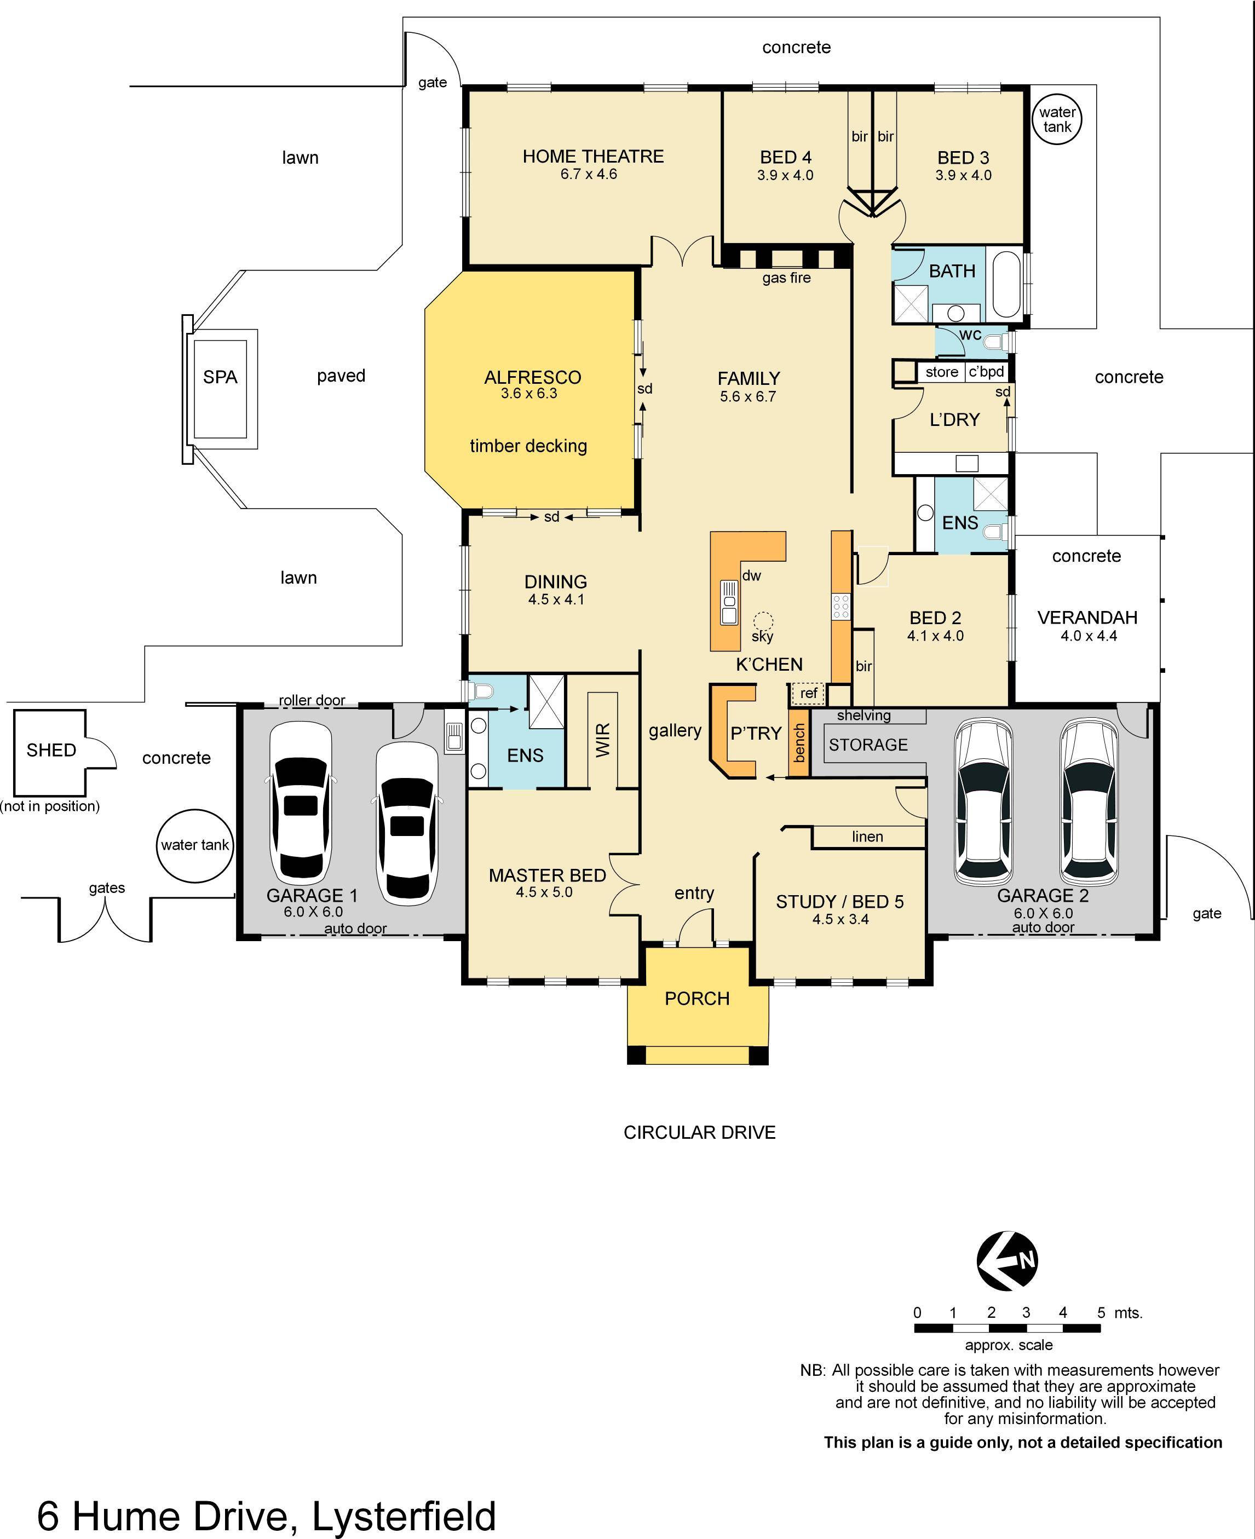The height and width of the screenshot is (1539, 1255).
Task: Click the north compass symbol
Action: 1007,1261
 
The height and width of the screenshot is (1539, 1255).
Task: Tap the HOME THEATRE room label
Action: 593,156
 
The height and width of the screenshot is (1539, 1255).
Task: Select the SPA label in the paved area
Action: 220,377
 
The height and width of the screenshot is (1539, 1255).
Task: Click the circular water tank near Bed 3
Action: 1057,120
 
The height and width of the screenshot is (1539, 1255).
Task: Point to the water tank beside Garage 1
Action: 194,845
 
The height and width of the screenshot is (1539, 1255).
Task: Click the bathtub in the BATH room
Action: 1006,284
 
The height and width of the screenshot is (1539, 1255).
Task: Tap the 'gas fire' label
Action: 786,278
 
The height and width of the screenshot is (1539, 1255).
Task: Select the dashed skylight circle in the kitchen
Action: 763,620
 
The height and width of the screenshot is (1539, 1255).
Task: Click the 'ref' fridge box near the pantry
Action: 808,693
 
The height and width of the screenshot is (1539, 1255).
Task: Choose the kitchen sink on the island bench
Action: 729,602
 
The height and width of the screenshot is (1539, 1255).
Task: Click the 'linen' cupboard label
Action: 867,837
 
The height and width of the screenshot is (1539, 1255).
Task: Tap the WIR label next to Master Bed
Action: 603,740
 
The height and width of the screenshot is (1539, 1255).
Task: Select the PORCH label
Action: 697,998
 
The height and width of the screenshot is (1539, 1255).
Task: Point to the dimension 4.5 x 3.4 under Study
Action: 840,919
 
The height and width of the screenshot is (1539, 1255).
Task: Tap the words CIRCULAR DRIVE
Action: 699,1132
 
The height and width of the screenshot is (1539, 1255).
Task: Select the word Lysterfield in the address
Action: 404,1516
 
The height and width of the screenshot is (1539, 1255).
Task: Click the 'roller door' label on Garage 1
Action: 312,700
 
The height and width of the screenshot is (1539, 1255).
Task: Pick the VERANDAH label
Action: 1087,618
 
